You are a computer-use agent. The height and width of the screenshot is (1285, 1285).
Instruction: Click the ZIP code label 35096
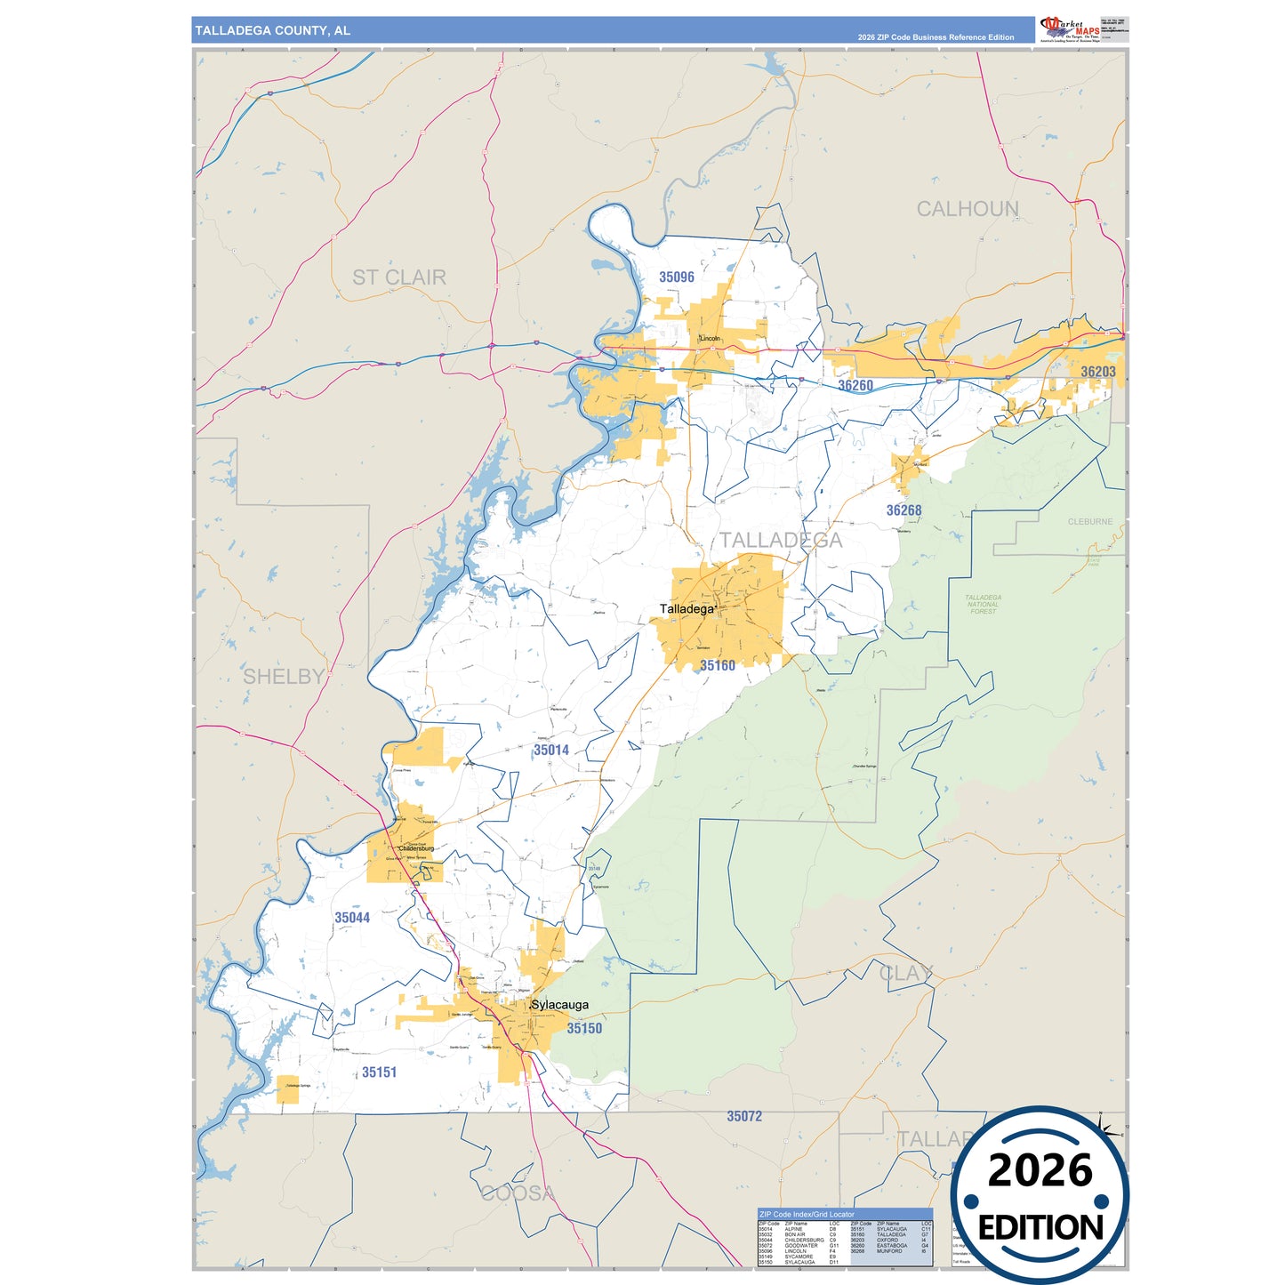pyautogui.click(x=676, y=277)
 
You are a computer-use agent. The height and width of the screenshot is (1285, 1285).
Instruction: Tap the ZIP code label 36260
pyautogui.click(x=855, y=386)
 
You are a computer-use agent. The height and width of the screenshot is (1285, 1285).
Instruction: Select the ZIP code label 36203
pyautogui.click(x=1097, y=372)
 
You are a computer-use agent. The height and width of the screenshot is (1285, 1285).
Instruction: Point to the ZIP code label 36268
pyautogui.click(x=903, y=510)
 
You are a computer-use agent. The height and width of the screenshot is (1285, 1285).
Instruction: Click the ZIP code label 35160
pyautogui.click(x=717, y=665)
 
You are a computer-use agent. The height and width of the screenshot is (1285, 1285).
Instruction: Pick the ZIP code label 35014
pyautogui.click(x=550, y=751)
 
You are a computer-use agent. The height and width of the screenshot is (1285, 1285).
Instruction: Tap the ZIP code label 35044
pyautogui.click(x=351, y=918)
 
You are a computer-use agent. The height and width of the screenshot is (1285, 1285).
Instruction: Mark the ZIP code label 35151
pyautogui.click(x=379, y=1072)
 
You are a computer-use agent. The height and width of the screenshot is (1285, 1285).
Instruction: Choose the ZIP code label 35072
pyautogui.click(x=743, y=1117)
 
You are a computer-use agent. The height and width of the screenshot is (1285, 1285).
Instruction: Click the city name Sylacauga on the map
pyautogui.click(x=559, y=1005)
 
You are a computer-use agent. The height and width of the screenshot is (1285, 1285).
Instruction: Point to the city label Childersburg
pyautogui.click(x=415, y=848)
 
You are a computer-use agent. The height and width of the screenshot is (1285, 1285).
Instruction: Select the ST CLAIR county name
pyautogui.click(x=398, y=277)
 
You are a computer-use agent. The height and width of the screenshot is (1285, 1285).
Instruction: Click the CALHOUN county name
pyautogui.click(x=967, y=209)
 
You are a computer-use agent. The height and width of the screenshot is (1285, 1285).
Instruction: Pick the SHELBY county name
pyautogui.click(x=284, y=677)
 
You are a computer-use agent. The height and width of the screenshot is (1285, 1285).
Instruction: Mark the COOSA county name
pyautogui.click(x=518, y=1193)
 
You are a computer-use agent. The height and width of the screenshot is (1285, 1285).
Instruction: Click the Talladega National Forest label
pyautogui.click(x=983, y=605)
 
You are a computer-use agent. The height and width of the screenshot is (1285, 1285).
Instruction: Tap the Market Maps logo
pyautogui.click(x=1069, y=29)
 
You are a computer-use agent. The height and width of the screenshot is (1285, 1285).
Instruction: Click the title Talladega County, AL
pyautogui.click(x=272, y=31)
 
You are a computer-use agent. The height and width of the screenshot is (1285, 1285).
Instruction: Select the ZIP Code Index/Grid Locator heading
pyautogui.click(x=806, y=1214)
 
